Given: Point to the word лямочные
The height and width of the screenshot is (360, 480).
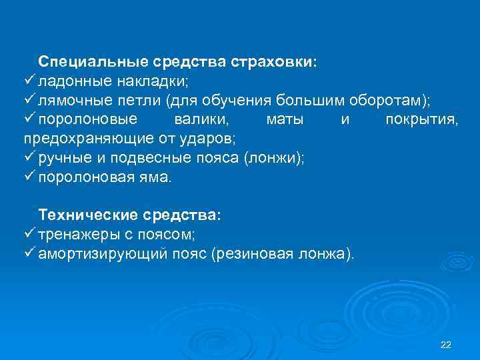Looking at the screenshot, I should tap(72, 101).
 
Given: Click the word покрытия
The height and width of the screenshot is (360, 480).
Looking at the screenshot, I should tap(421, 120).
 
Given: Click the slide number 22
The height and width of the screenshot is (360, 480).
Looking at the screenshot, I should tap(446, 345).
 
